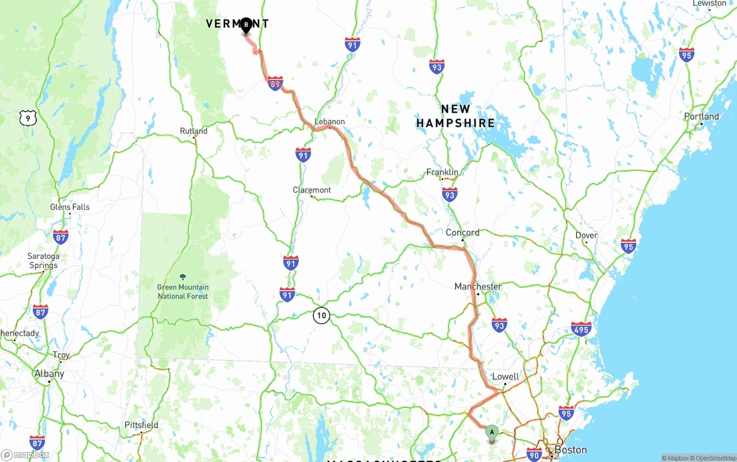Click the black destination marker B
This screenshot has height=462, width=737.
[246, 25]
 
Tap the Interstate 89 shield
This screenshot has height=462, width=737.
[275, 84]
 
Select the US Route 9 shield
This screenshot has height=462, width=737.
[28, 118]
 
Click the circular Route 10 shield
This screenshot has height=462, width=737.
[321, 315]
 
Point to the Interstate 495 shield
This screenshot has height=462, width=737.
[581, 329]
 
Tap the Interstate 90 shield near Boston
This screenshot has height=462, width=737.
[534, 454]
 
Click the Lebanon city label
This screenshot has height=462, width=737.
[329, 121]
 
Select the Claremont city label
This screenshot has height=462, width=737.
[311, 190]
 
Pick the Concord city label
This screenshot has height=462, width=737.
[462, 232]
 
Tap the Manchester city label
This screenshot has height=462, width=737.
[478, 287]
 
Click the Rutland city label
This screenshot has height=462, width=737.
[193, 131]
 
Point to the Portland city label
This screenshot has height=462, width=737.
[701, 116]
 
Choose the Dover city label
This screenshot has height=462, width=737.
[586, 235]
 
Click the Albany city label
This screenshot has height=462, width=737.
[50, 373]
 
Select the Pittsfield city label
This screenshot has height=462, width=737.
[141, 425]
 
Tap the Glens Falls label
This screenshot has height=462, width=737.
[70, 207]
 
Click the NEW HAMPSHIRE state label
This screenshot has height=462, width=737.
[455, 116]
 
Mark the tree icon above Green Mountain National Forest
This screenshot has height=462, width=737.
[183, 277]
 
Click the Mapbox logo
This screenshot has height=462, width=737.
[25, 455]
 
